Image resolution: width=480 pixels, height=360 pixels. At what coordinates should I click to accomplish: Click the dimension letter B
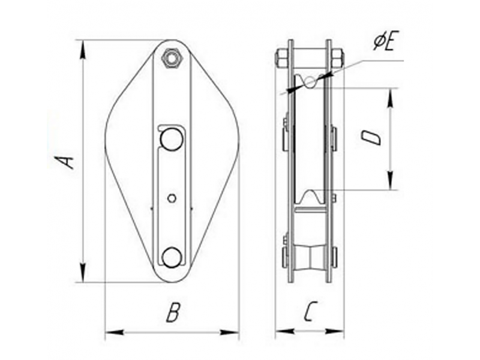coord(173,312)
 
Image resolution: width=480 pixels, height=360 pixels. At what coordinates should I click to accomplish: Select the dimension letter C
coord(310,311)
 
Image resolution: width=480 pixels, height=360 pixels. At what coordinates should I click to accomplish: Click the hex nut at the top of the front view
coord(173,57)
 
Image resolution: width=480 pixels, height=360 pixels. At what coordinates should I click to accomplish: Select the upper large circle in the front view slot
coord(172,139)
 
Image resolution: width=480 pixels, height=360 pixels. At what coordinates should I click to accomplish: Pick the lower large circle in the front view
coord(172,257)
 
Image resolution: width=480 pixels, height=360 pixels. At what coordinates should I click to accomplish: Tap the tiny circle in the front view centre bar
coord(172,199)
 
